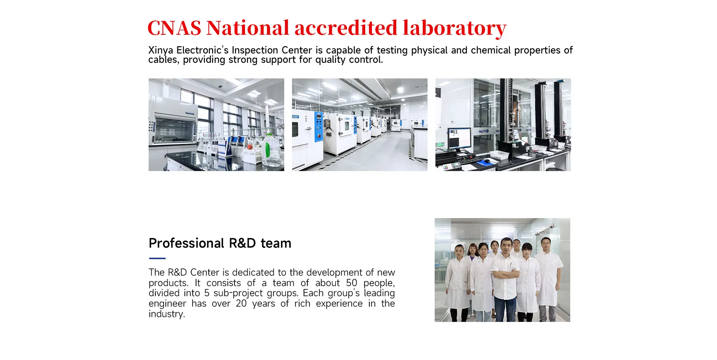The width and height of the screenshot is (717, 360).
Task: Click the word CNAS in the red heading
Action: pyautogui.click(x=174, y=28)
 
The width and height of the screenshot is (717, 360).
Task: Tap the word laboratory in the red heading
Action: pyautogui.click(x=454, y=28)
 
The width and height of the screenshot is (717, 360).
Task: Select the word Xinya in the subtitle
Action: pyautogui.click(x=161, y=50)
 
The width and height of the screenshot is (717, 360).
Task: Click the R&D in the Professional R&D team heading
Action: pyautogui.click(x=242, y=243)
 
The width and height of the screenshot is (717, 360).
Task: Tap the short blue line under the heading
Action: pyautogui.click(x=157, y=258)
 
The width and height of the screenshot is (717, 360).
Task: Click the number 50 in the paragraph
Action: pyautogui.click(x=351, y=283)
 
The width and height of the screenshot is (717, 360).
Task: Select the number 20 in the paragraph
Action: pyautogui.click(x=241, y=303)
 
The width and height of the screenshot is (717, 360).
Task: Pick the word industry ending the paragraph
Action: pyautogui.click(x=167, y=314)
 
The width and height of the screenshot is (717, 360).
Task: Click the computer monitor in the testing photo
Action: pyautogui.click(x=459, y=139)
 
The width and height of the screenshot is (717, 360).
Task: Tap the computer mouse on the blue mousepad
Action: pyautogui.click(x=487, y=161)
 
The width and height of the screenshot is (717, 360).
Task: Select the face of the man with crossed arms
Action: pyautogui.click(x=506, y=246)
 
